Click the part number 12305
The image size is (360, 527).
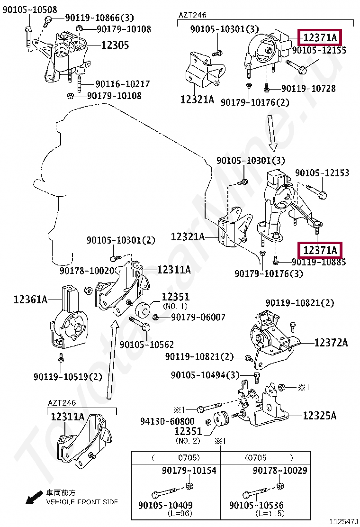[116, 45]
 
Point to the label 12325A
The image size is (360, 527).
[319, 416]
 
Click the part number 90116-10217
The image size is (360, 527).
[123, 84]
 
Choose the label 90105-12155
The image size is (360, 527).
[319, 50]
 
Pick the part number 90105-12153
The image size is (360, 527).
[322, 173]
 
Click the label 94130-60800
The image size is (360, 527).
[167, 421]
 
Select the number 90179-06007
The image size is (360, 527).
[198, 317]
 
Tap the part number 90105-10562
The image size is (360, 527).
[147, 345]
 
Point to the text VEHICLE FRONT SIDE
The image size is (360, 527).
[81, 501]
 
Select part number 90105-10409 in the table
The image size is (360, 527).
[165, 505]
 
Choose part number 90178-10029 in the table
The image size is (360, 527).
[279, 471]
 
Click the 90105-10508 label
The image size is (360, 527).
[30, 9]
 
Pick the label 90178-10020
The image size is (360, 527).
[87, 271]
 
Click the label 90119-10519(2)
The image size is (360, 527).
[68, 377]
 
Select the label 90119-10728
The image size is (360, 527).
[322, 88]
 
